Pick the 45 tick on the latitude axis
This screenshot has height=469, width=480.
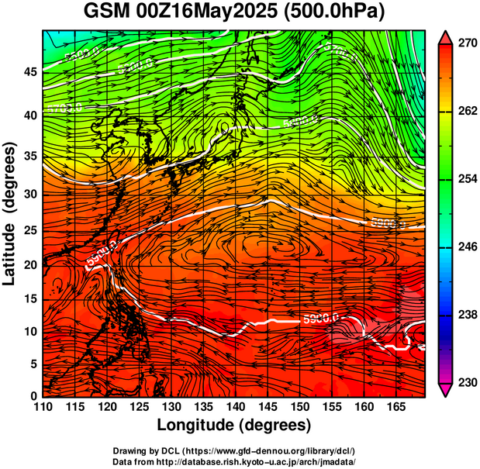point(29,72)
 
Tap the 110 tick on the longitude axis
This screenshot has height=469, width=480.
point(43,407)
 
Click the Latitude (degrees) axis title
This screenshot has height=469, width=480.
point(10,213)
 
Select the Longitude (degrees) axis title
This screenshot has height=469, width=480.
point(234,425)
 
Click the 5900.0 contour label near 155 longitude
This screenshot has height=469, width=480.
point(323,318)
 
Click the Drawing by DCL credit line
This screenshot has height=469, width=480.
point(234,450)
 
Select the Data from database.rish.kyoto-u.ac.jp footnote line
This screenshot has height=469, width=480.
point(234,461)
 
